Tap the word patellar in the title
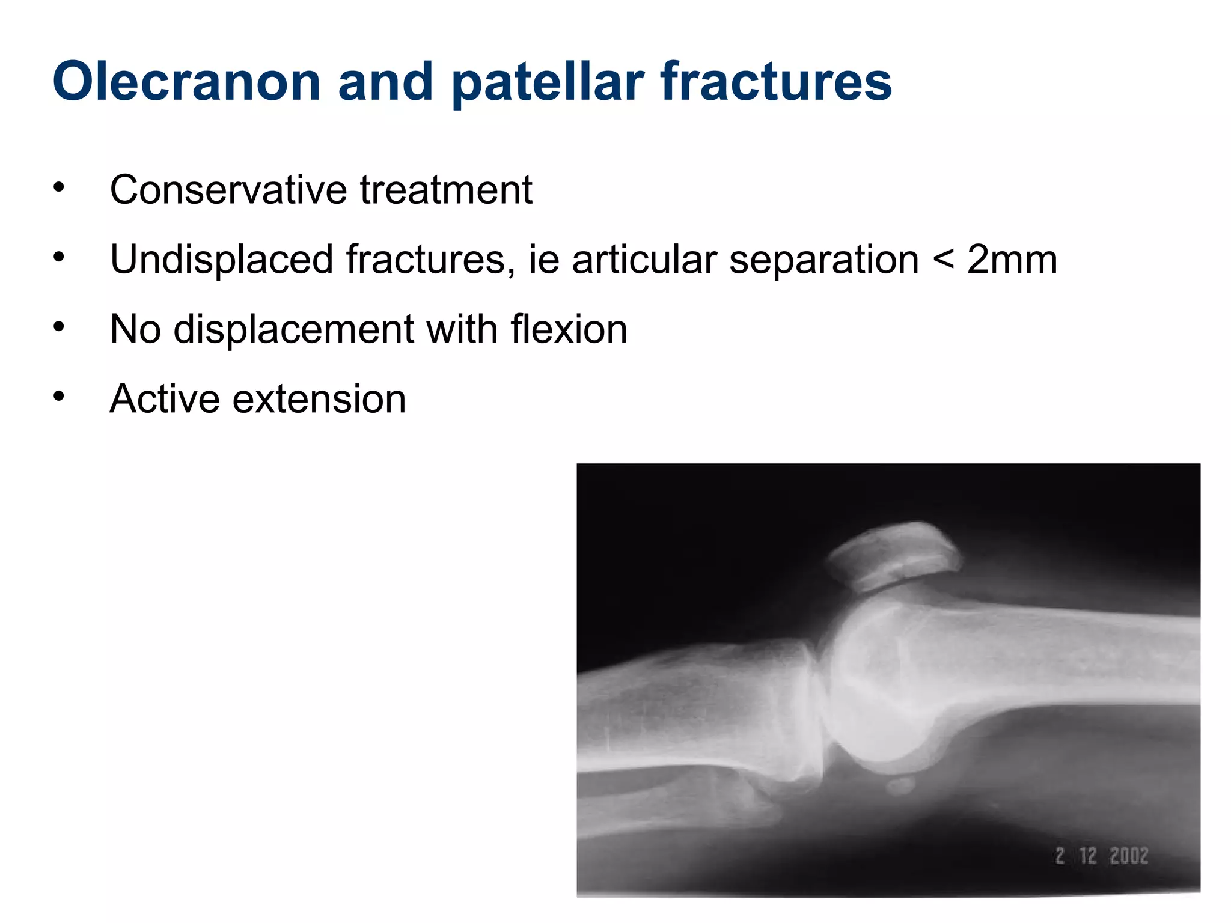tap(547, 82)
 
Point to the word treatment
tap(446, 190)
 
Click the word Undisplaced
tap(221, 260)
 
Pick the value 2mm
tap(1012, 260)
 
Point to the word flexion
tap(569, 329)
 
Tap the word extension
tap(319, 400)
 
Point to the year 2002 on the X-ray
tap(1128, 856)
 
